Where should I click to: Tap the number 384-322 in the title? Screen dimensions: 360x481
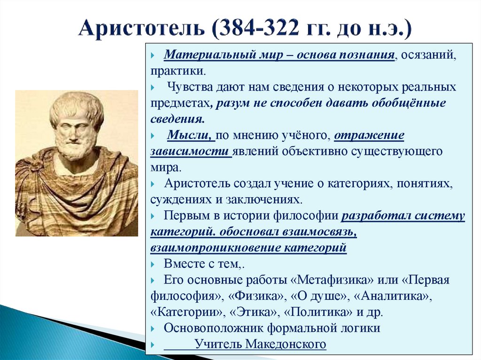(257, 30)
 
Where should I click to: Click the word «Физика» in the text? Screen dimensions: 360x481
(256, 296)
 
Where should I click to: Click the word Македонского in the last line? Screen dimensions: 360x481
(285, 344)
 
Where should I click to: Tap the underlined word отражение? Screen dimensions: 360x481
(369, 136)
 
